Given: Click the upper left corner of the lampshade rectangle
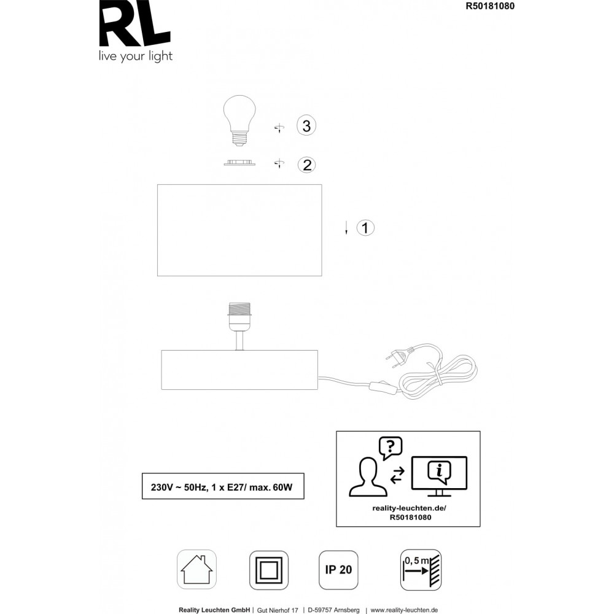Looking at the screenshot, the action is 157,185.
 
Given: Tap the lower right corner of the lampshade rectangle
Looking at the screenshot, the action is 322,276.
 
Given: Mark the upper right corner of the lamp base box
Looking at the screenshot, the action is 317,351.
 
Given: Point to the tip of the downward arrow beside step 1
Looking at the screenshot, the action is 346,235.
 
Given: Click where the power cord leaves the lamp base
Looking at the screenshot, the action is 317,377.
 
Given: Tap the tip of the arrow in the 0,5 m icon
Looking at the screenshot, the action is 429,571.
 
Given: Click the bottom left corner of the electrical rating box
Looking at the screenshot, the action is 142,499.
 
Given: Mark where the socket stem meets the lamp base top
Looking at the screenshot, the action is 239,351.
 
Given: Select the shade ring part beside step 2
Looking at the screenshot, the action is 239,163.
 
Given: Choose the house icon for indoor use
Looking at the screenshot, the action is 196,569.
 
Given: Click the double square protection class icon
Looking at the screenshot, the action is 269,570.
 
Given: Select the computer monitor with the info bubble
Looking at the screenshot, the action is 440,476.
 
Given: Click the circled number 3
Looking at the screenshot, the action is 306,126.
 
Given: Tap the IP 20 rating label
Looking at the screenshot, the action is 338,570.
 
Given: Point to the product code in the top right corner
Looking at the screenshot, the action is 490,6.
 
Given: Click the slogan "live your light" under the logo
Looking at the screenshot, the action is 136,56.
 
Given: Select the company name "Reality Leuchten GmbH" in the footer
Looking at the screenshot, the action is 214,610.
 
